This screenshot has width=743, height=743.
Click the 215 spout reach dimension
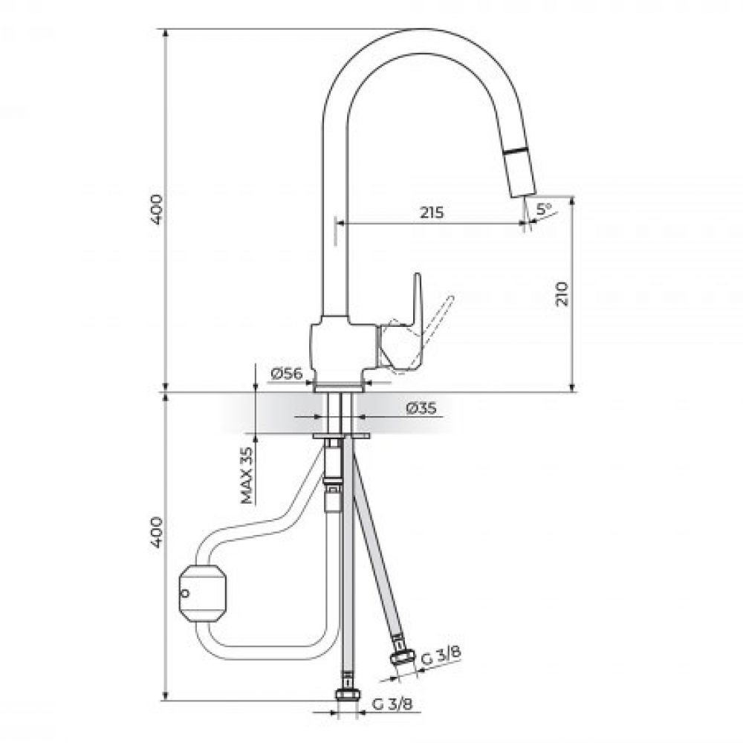432,212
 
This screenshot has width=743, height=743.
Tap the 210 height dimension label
562,293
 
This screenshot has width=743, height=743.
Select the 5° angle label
544,208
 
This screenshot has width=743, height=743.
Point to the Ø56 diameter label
287,374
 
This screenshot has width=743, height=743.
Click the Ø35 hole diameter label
421,408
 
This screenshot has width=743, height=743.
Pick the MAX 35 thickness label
247,476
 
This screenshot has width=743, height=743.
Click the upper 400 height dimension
156,210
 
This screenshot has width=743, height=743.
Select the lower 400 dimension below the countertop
156,533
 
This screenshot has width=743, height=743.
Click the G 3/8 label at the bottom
392,704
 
